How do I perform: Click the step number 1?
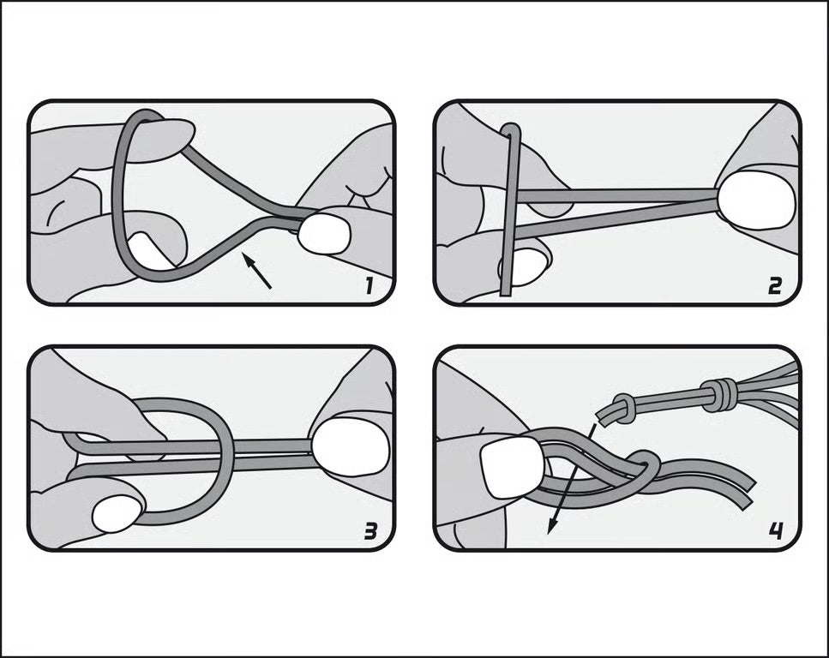pyautogui.click(x=369, y=286)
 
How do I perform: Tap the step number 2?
pyautogui.click(x=774, y=286)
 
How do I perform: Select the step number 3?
pyautogui.click(x=370, y=531)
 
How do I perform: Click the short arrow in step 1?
pyautogui.click(x=256, y=271)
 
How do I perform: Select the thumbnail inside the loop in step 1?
pyautogui.click(x=148, y=252)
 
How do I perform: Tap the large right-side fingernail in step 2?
pyautogui.click(x=757, y=200)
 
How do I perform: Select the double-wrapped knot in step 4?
pyautogui.click(x=718, y=395)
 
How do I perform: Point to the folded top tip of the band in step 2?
pyautogui.click(x=511, y=129)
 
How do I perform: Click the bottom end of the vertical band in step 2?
pyautogui.click(x=506, y=292)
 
